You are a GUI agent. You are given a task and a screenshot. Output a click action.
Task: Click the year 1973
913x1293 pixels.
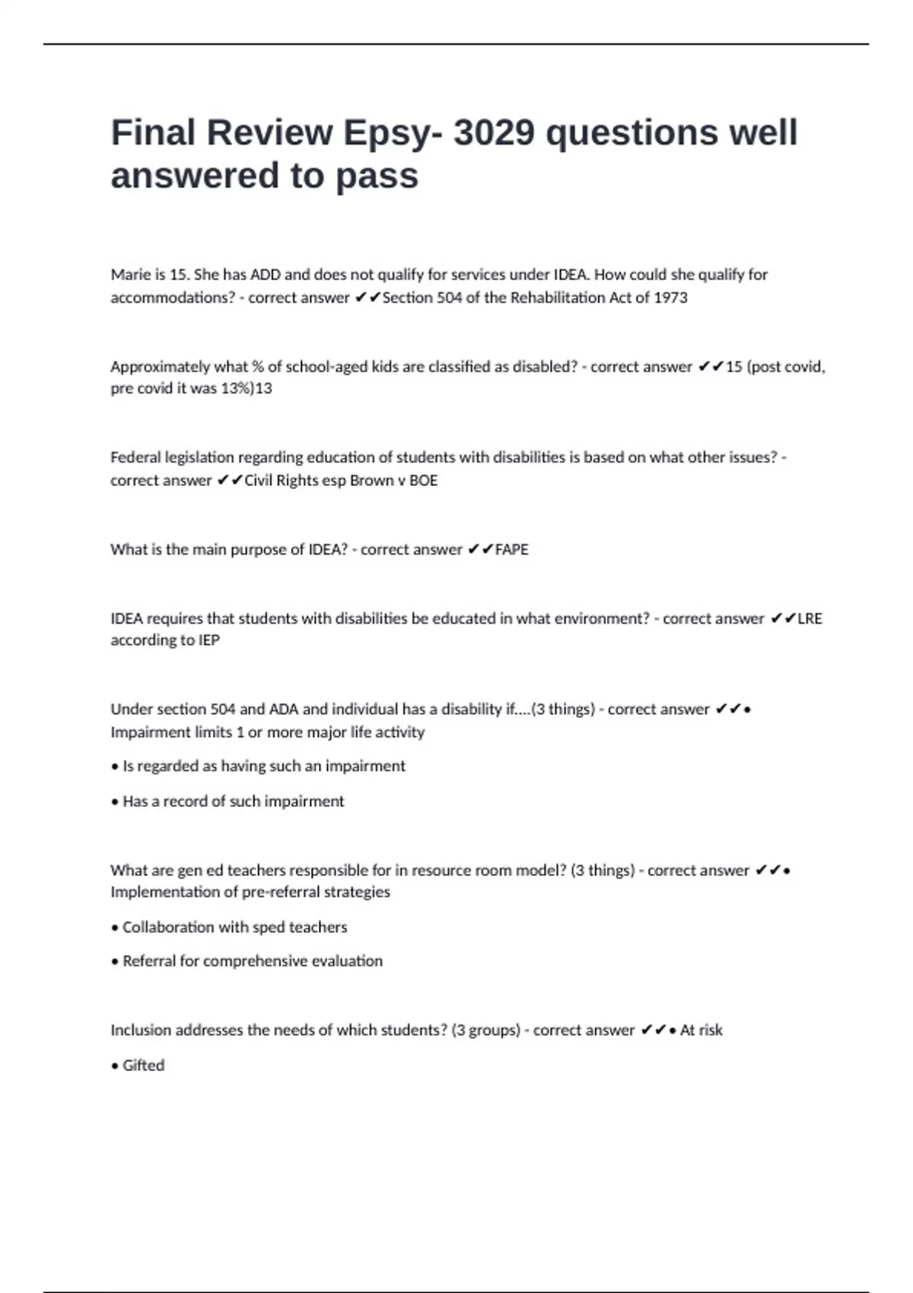(x=670, y=297)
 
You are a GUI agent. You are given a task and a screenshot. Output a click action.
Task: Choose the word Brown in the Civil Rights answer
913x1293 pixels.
(x=371, y=481)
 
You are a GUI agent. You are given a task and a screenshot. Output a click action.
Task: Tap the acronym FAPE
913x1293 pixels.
(x=511, y=550)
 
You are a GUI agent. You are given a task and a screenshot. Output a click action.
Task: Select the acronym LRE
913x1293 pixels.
(x=810, y=619)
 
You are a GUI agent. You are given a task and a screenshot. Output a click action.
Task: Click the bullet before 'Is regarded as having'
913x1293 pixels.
(x=115, y=767)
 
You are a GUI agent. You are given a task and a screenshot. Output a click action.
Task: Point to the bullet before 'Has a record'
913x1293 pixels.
(x=115, y=802)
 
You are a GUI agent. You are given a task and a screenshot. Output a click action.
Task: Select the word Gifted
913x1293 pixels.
(x=143, y=1066)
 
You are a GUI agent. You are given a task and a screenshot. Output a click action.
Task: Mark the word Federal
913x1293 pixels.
(x=134, y=458)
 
